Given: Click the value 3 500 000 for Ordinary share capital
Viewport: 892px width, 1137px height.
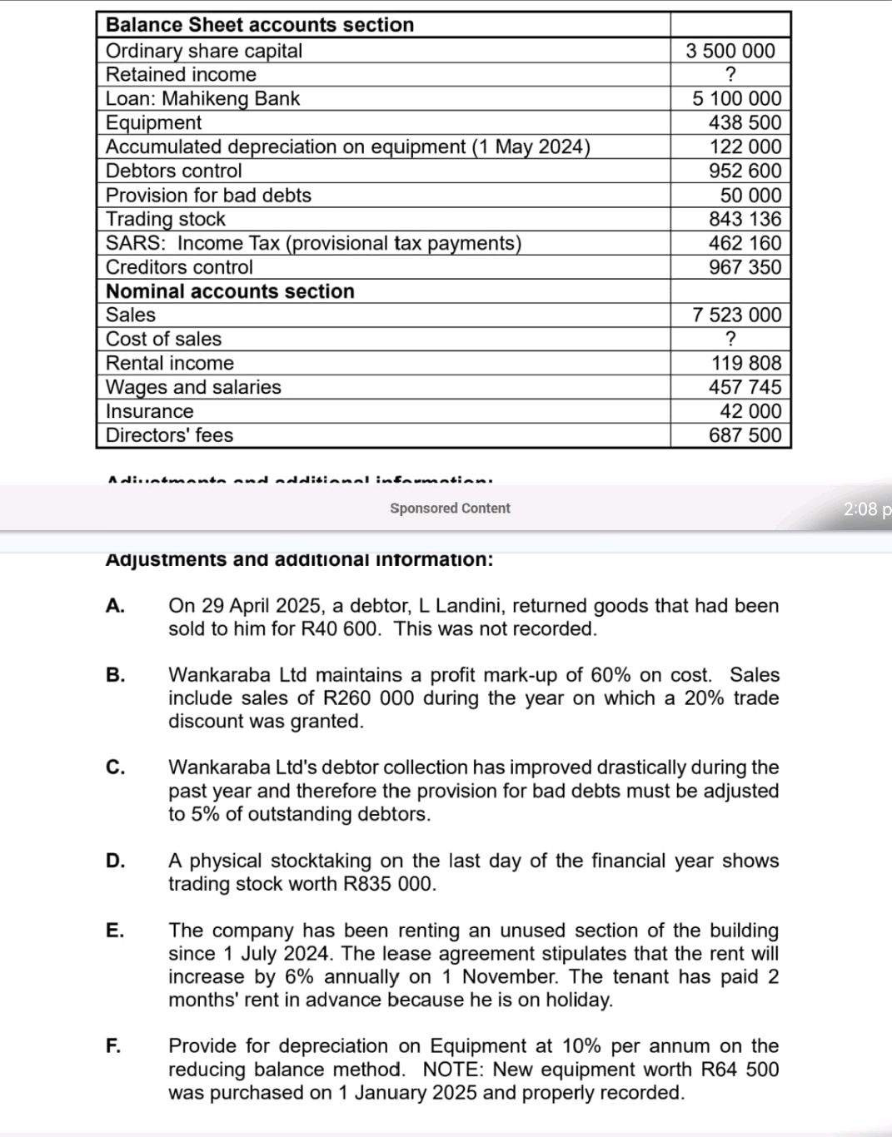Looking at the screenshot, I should click(x=730, y=51).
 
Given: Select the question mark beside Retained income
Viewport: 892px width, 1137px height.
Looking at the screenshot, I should click(x=730, y=75).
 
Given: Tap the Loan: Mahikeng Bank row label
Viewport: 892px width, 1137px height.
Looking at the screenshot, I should click(x=202, y=99).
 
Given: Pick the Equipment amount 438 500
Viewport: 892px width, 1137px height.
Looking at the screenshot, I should click(x=745, y=123).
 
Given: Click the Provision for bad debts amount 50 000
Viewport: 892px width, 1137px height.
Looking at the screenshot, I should click(x=750, y=196).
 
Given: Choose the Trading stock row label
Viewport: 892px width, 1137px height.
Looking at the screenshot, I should click(x=165, y=219).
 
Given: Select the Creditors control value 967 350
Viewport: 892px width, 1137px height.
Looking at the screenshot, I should click(x=745, y=267).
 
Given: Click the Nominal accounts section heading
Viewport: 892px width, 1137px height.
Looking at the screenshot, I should click(x=230, y=291).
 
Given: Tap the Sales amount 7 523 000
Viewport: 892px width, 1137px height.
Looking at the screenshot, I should click(x=736, y=315).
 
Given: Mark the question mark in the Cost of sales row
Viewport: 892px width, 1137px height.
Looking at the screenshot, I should click(x=730, y=339).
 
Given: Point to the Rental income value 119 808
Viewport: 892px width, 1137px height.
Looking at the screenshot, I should click(x=746, y=363).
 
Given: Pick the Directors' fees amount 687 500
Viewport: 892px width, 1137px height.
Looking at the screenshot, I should click(x=745, y=435).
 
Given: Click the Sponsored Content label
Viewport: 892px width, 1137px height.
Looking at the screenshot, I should click(x=450, y=509).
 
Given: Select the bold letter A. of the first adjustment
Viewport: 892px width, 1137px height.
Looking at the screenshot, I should click(x=115, y=606).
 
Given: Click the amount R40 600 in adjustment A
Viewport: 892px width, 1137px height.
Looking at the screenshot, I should click(x=340, y=629).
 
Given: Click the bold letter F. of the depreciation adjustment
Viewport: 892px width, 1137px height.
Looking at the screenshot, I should click(x=113, y=1046).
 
